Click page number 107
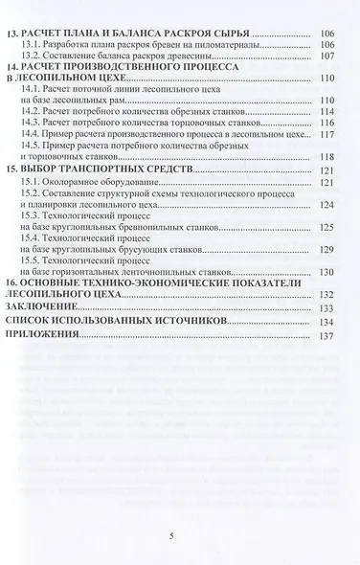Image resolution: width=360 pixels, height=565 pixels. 326,55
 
